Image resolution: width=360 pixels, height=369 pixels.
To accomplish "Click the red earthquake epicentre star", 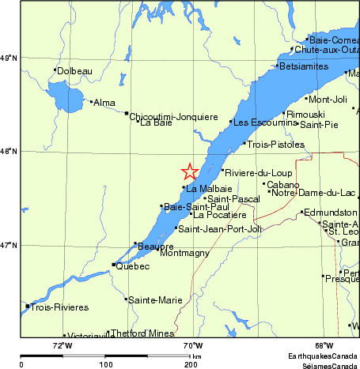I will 190,171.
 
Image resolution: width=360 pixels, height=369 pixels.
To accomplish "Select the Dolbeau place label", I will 75,71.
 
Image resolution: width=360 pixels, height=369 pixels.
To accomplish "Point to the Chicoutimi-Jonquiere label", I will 173,116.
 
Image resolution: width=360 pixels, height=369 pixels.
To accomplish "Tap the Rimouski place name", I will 305,115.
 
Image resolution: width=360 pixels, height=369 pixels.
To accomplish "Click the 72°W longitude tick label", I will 63,345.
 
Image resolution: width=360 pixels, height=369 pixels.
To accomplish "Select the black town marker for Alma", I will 92,101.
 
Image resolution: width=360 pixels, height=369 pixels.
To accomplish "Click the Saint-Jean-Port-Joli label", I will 219,229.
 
